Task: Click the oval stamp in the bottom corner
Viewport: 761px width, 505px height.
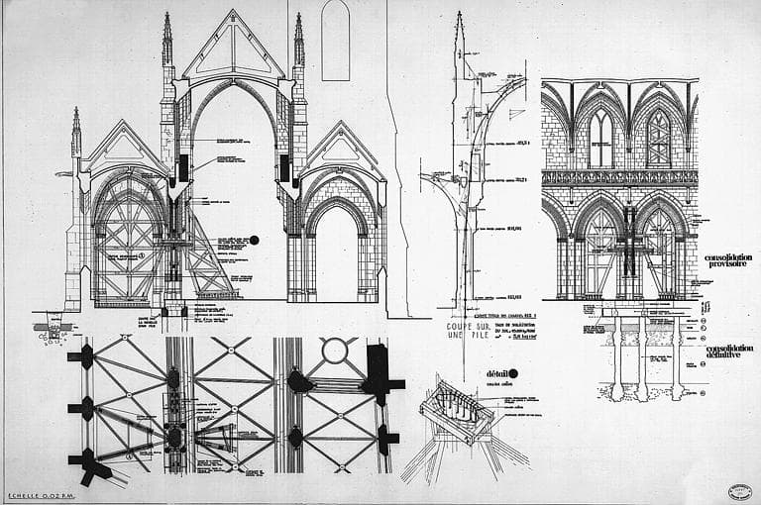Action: (x=738, y=490)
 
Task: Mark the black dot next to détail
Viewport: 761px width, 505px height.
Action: (x=513, y=373)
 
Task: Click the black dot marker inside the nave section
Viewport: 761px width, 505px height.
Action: (x=254, y=240)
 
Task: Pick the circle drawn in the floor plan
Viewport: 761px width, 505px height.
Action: (x=335, y=350)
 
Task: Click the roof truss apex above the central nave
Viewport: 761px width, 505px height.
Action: (x=234, y=13)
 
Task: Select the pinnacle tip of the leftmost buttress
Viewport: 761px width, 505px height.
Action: (x=76, y=110)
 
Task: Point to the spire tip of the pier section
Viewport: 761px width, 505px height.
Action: (x=459, y=14)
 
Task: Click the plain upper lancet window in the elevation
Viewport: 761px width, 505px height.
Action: (x=600, y=138)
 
